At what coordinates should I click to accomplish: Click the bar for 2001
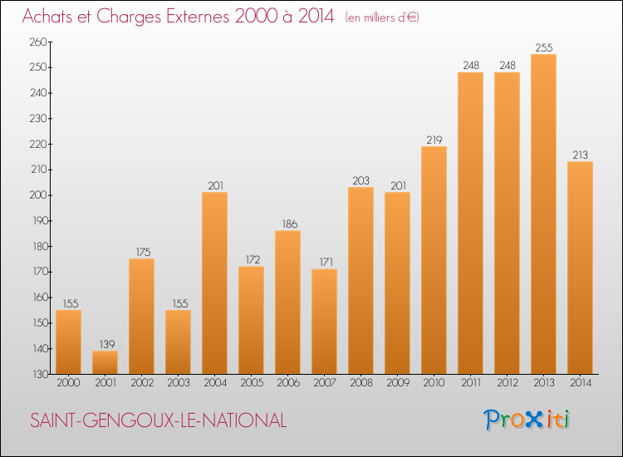click(105, 362)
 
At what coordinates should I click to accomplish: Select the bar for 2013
click(543, 214)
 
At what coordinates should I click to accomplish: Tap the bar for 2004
click(214, 283)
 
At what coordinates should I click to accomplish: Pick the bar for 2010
click(434, 260)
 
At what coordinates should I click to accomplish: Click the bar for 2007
click(324, 321)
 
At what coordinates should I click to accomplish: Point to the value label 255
click(543, 47)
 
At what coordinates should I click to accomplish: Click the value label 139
click(105, 344)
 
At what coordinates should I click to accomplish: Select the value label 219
click(434, 140)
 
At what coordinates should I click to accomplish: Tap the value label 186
click(287, 224)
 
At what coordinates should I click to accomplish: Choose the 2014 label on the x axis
click(580, 383)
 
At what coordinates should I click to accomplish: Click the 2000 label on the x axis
click(68, 383)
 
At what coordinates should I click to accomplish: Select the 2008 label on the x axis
click(361, 383)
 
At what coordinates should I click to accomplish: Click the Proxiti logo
click(527, 420)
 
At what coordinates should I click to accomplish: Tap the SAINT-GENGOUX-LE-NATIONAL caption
click(158, 421)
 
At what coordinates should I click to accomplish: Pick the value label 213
click(580, 155)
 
